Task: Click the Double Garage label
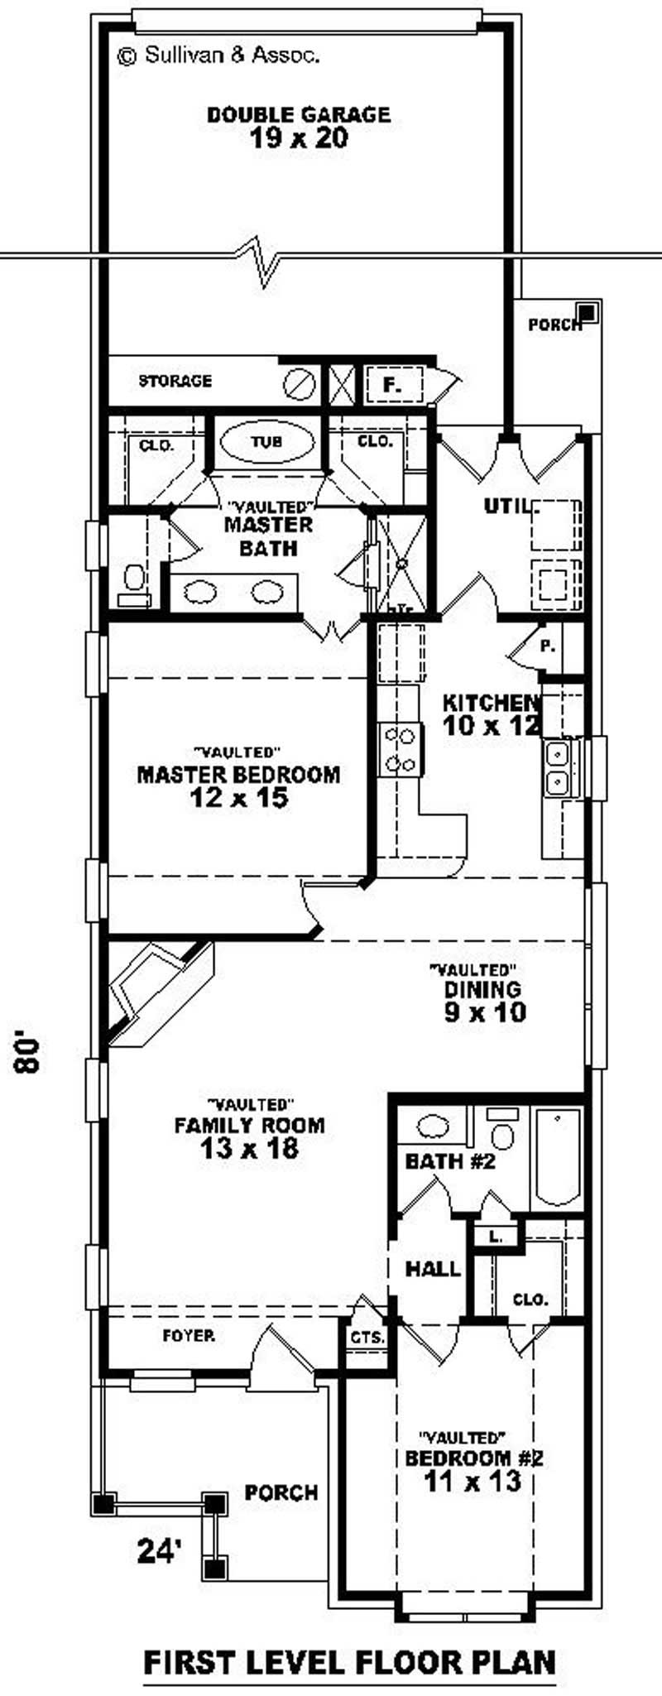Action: (x=299, y=114)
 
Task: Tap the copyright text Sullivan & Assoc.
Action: (x=219, y=55)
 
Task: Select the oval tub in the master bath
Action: (x=266, y=442)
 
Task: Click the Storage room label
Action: (x=175, y=381)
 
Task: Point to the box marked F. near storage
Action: (x=392, y=385)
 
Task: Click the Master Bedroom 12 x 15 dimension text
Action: (x=238, y=798)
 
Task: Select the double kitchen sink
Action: (x=556, y=768)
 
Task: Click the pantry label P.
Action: (x=547, y=646)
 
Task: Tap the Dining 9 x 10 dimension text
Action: (x=485, y=1011)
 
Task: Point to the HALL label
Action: (x=433, y=1268)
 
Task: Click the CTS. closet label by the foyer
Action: (x=367, y=1337)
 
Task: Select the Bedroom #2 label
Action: (x=473, y=1458)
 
